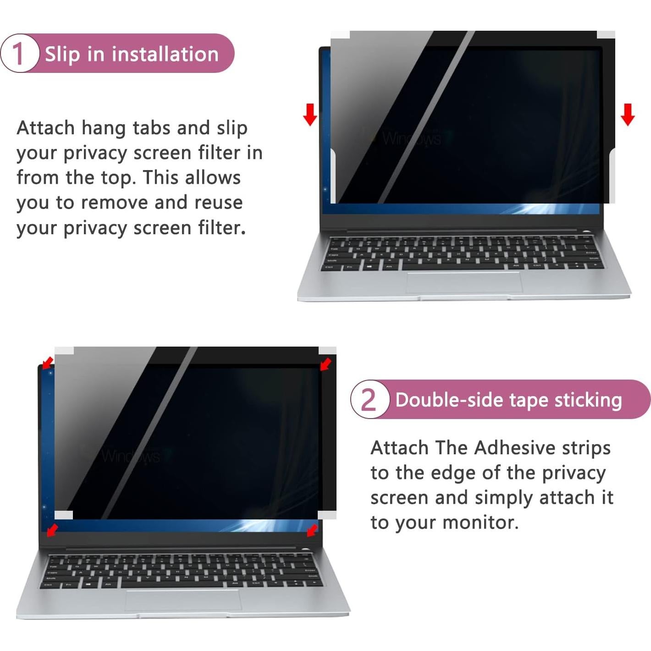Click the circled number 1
pos(18,54)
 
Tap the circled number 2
pos(369,399)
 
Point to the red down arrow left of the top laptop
pos(310,114)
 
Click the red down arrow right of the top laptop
pos(628,114)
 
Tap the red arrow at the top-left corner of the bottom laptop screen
pos(47,363)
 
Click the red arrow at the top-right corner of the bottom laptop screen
pos(325,364)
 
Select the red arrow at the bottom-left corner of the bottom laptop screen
pos(52,530)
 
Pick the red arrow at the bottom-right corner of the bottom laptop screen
pos(312,530)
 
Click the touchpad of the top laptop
pos(464,282)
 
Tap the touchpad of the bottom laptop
pos(183,600)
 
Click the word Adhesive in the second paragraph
pos(514,447)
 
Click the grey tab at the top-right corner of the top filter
pos(606,35)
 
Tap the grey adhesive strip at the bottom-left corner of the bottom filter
pos(64,515)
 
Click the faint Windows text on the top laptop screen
pos(411,138)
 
